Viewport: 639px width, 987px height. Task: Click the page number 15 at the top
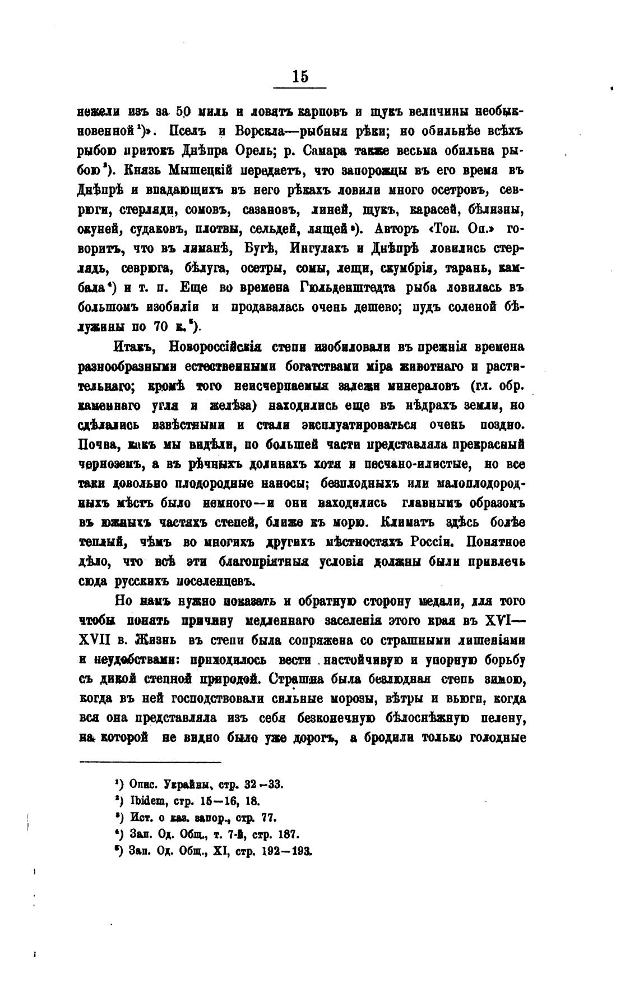tap(300, 76)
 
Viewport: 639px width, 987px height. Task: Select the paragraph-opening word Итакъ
tap(132, 347)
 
